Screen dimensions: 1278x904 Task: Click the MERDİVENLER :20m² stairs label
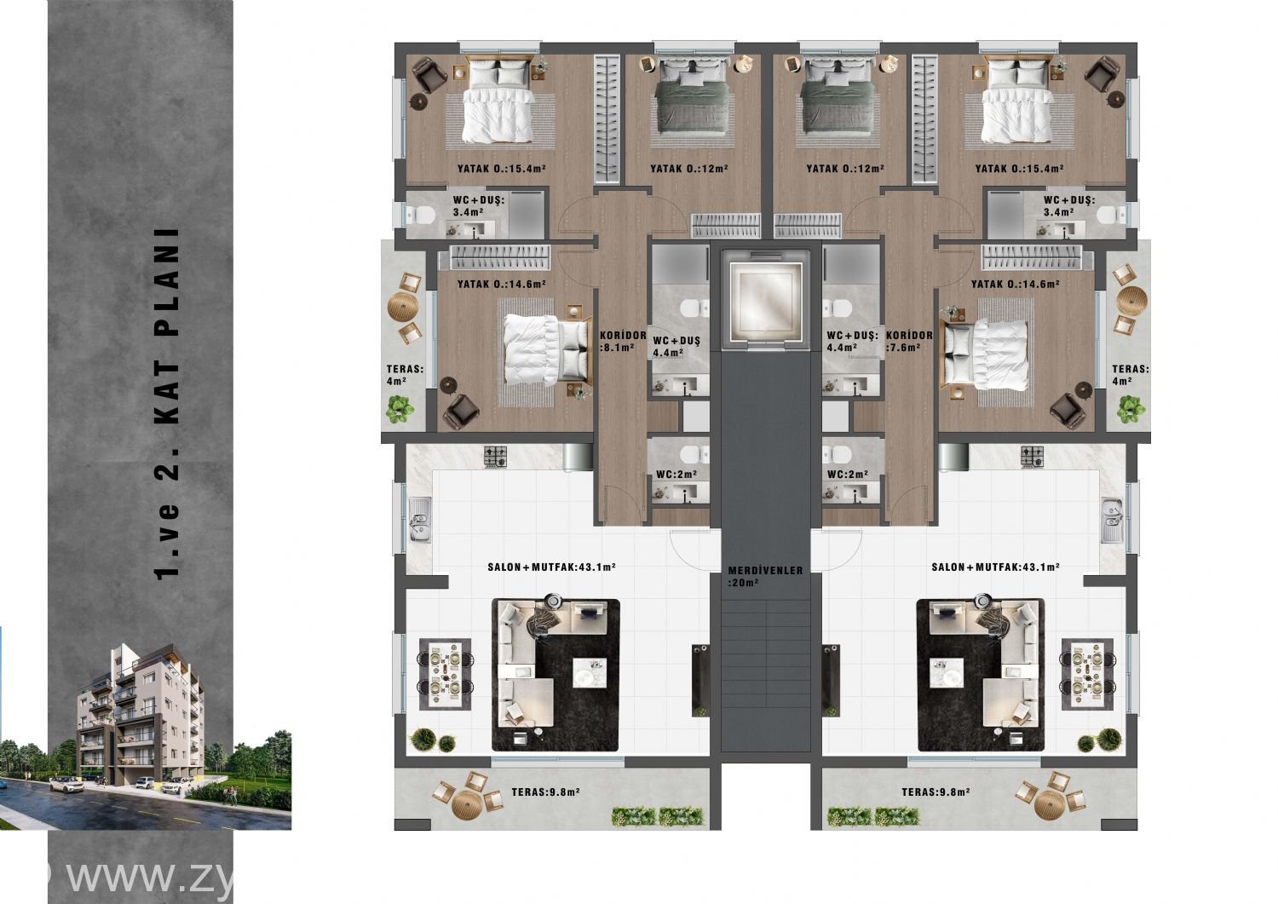pyautogui.click(x=765, y=577)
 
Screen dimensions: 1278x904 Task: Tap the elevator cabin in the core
pyautogui.click(x=765, y=298)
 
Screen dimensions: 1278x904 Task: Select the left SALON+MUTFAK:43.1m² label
pyautogui.click(x=551, y=567)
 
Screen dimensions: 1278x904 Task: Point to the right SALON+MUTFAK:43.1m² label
pyautogui.click(x=996, y=567)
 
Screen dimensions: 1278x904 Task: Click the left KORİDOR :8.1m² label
pyautogui.click(x=623, y=342)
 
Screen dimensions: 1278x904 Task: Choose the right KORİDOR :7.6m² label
pyautogui.click(x=909, y=342)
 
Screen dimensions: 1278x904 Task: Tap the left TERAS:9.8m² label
pyautogui.click(x=545, y=792)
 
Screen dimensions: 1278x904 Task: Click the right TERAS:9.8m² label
pyautogui.click(x=935, y=792)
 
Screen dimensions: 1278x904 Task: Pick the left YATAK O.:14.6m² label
pyautogui.click(x=502, y=284)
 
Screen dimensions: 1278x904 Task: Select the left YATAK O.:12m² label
pyautogui.click(x=689, y=169)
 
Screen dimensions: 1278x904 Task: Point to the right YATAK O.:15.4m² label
pyautogui.click(x=1020, y=169)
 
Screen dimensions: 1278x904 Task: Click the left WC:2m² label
pyautogui.click(x=676, y=475)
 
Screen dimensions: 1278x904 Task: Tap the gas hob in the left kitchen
pyautogui.click(x=495, y=457)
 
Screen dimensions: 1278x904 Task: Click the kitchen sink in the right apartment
pyautogui.click(x=1111, y=520)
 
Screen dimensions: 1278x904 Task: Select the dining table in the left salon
pyautogui.click(x=445, y=674)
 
